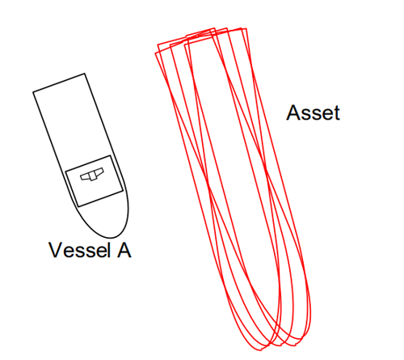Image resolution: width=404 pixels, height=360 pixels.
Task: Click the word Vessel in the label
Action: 80,250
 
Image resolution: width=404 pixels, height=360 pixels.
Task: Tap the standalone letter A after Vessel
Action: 124,250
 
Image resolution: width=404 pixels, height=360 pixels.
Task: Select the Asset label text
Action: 313,112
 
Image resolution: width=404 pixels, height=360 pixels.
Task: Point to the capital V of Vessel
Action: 56,250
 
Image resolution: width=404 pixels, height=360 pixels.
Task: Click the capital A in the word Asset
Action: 293,112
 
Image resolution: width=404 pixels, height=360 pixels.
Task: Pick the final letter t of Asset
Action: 337,113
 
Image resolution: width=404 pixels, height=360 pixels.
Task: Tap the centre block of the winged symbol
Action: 93,176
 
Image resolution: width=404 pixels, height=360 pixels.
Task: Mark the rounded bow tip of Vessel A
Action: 111,238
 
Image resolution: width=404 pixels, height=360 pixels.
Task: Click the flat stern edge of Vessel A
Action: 59,83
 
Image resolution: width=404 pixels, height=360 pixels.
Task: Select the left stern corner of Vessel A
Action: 33,92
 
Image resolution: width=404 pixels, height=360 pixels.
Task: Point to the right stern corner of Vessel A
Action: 85,74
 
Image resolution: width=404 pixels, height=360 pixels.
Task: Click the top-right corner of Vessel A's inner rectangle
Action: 111,155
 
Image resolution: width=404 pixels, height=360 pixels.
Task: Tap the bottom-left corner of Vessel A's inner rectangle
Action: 78,206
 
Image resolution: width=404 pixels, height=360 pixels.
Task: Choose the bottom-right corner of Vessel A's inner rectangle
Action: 123,191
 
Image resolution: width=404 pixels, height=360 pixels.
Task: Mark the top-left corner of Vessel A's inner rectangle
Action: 65,172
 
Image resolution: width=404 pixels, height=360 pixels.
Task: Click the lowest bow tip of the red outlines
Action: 261,350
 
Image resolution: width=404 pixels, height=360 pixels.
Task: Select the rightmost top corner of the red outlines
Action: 246,28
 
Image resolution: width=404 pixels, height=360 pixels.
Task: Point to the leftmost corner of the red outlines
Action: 155,53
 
